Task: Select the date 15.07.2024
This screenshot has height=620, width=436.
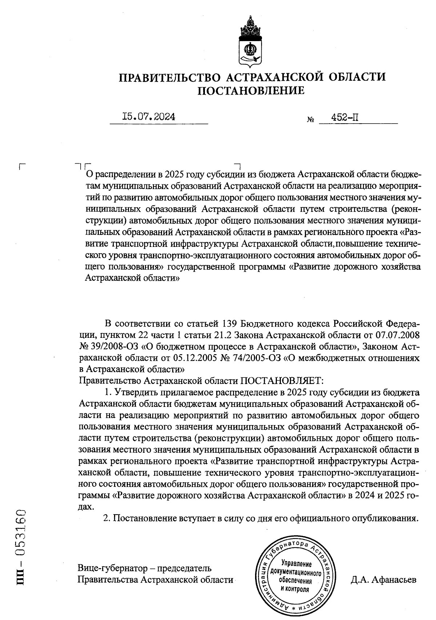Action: click(x=149, y=117)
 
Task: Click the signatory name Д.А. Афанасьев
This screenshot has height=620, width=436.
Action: click(x=383, y=579)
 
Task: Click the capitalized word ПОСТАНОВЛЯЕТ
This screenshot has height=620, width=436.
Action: click(x=281, y=381)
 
